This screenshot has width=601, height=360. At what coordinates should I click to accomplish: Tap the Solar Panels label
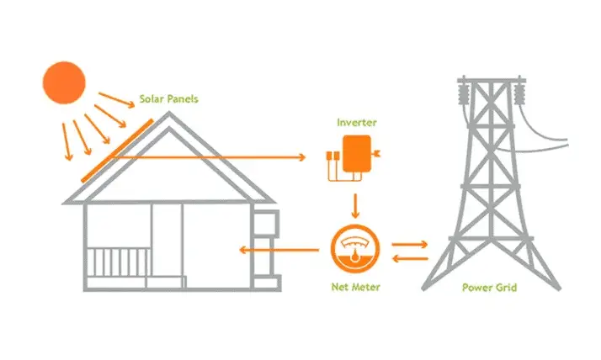(x=171, y=99)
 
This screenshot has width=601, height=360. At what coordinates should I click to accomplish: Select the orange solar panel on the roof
(x=117, y=151)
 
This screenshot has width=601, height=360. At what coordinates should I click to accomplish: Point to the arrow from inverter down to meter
(x=356, y=205)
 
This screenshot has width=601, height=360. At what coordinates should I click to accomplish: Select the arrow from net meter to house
(x=277, y=250)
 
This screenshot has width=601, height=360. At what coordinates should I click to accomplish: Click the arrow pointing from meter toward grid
(x=410, y=243)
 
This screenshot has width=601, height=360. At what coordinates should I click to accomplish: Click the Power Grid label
(x=490, y=288)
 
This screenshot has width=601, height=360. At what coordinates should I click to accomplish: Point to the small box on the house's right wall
(x=267, y=224)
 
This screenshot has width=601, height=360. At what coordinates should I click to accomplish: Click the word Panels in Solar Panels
(x=183, y=99)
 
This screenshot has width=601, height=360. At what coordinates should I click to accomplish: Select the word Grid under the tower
(x=507, y=288)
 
